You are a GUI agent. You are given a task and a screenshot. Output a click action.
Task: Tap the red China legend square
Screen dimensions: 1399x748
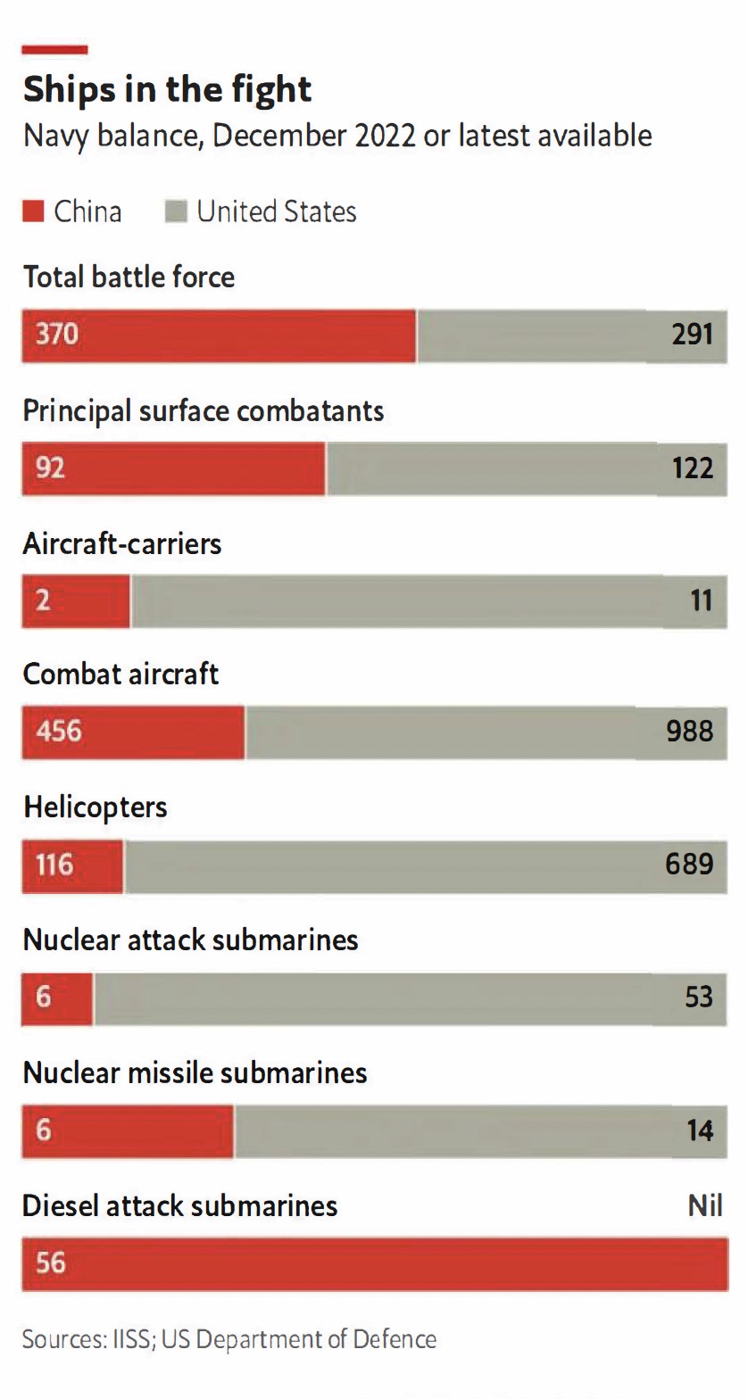[33, 212]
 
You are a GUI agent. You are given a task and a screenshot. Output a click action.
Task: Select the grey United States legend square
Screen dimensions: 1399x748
[176, 212]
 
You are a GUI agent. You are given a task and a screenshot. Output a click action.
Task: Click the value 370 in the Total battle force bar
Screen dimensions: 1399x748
[57, 335]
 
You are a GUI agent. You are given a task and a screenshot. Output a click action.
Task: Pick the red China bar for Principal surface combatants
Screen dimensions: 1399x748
[174, 468]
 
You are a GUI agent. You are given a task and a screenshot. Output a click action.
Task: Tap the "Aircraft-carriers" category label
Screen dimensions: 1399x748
[122, 543]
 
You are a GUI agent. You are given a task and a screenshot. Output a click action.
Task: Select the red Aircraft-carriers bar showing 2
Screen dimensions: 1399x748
[76, 600]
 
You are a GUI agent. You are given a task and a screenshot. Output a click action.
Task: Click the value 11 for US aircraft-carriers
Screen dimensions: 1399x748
[701, 600]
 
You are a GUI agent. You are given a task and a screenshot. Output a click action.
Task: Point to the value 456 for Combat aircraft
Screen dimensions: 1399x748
[58, 732]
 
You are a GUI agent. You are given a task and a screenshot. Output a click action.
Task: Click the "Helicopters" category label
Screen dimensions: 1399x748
[95, 807]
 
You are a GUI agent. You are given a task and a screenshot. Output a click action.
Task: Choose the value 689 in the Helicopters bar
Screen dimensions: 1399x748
[689, 864]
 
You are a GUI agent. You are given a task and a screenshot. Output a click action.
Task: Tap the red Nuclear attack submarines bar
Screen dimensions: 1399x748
[57, 997]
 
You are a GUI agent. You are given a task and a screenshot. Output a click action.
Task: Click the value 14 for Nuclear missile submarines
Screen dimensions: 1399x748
[700, 1130]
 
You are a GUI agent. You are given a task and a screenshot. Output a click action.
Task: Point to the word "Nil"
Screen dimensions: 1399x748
[704, 1206]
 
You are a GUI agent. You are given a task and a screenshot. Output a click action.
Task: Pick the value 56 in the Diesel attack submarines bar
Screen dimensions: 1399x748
[51, 1262]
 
